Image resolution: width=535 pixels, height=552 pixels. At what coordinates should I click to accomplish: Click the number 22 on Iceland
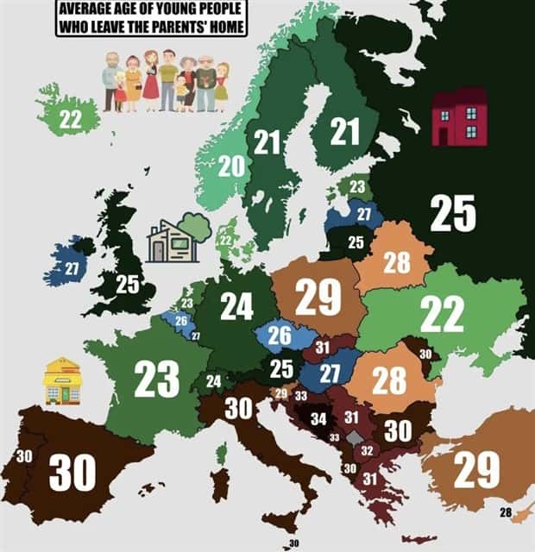(71, 121)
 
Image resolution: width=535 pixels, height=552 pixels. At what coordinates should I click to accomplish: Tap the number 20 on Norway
(230, 166)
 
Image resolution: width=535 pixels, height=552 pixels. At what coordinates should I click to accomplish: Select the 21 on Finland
(344, 132)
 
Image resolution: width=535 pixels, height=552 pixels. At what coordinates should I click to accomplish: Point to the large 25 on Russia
(452, 215)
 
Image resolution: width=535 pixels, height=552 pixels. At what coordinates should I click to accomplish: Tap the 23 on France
(156, 377)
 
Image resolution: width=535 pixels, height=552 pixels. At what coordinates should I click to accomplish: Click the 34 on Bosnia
(318, 419)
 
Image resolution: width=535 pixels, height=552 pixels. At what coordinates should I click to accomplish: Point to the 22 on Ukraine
(442, 315)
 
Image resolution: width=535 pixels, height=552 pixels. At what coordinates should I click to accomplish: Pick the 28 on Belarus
(396, 263)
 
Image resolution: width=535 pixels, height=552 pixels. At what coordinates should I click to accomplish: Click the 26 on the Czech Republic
(279, 336)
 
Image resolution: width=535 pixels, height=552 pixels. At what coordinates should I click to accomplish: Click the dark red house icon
(459, 117)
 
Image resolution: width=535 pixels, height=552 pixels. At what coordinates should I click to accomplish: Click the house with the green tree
(177, 239)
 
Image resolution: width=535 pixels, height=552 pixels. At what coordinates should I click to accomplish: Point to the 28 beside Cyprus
(506, 513)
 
